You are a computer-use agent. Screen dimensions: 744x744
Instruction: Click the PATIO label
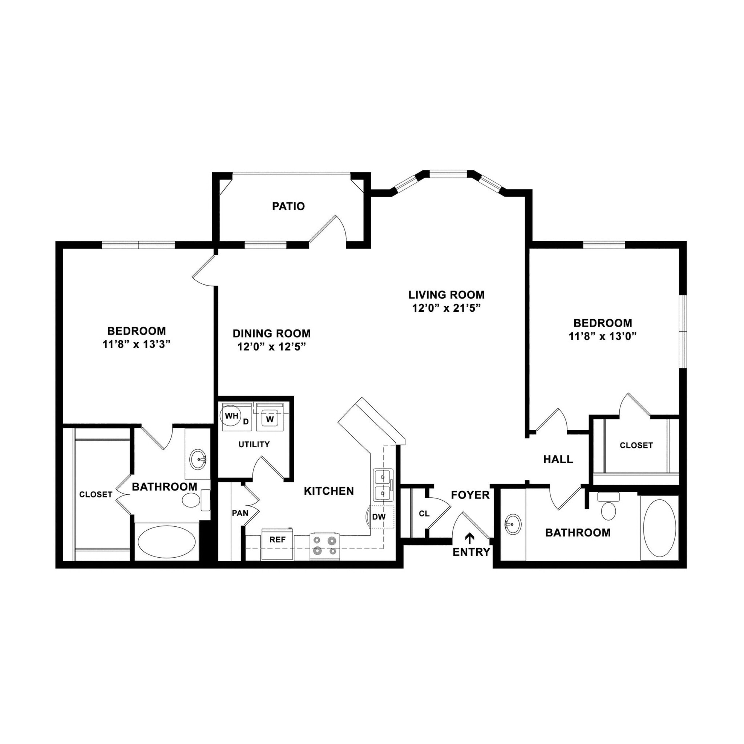click(288, 206)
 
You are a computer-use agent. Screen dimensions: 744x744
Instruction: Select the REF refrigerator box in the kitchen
click(277, 540)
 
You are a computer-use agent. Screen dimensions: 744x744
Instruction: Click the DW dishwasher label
click(379, 517)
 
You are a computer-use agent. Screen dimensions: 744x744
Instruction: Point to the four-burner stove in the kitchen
click(325, 546)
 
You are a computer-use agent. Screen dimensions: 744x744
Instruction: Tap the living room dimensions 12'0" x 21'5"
click(447, 308)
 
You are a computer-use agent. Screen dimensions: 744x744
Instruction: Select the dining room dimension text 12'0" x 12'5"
click(271, 347)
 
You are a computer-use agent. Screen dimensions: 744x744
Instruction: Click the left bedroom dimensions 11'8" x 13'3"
click(136, 344)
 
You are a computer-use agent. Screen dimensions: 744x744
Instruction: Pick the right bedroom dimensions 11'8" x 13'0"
click(602, 336)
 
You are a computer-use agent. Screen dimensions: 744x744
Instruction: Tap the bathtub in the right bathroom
click(659, 528)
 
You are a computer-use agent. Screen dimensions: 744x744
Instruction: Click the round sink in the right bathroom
click(513, 524)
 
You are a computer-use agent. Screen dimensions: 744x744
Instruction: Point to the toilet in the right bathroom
click(608, 508)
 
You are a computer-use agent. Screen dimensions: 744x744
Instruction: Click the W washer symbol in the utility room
click(270, 419)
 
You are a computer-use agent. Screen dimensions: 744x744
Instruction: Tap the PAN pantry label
click(239, 513)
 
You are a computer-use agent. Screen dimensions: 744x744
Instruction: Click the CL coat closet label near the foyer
click(424, 514)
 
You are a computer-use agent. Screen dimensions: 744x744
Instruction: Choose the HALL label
click(558, 459)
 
